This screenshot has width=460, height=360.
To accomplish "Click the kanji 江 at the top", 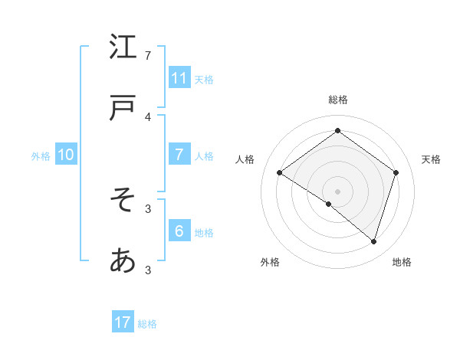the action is tap(123, 47).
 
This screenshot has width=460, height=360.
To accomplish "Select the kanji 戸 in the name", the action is tap(123, 110).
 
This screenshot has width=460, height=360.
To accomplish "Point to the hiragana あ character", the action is tap(123, 261).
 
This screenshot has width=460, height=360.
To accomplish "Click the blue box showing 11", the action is tap(179, 77).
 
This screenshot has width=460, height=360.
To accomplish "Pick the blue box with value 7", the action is tap(179, 155).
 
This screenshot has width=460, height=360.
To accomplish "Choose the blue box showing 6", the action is tap(179, 231).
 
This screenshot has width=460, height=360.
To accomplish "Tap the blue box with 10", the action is tap(66, 155).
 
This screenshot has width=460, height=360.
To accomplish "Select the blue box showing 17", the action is tap(123, 322).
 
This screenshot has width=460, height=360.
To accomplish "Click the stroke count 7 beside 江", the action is tap(148, 56).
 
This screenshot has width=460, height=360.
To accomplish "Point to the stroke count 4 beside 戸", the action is tap(148, 117).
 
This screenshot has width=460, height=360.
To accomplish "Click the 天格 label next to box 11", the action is tap(204, 79).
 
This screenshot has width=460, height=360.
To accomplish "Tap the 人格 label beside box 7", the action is tap(204, 156).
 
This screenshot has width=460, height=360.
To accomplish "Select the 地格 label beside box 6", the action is tap(204, 233).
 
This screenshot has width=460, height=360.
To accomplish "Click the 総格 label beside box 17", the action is tap(147, 324).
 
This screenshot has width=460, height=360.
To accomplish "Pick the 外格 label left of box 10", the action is tap(41, 156).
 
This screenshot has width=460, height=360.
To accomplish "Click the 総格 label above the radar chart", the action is tap(337, 100).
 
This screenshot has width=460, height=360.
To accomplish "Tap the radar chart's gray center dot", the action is tap(337, 191).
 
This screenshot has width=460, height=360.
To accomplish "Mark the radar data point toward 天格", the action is tap(396, 172).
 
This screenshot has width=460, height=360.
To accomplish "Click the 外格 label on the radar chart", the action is tap(270, 262).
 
